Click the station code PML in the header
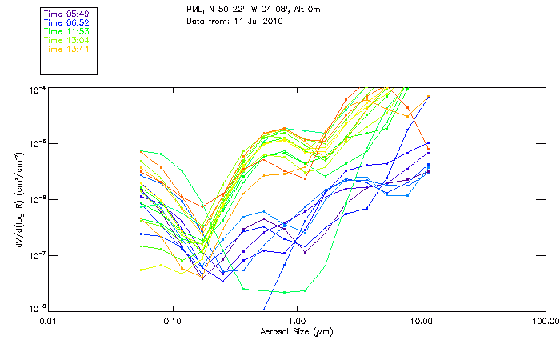(194, 10)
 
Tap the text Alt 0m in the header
(307, 10)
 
